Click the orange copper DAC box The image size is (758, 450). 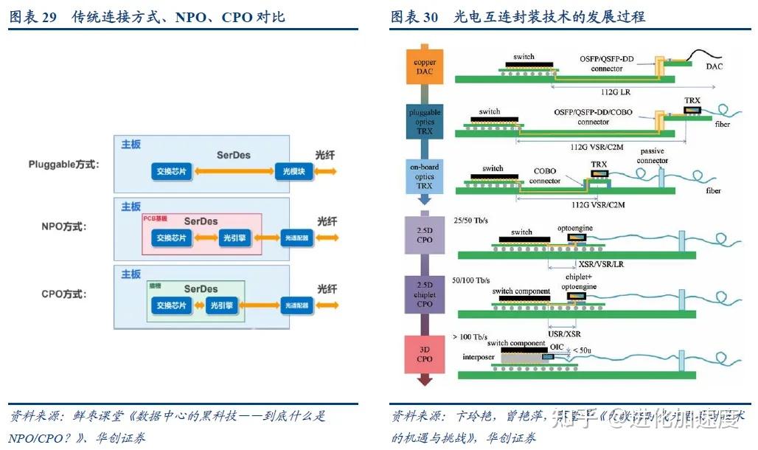(x=424, y=67)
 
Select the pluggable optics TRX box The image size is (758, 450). (x=424, y=122)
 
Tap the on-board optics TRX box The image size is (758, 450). (x=424, y=177)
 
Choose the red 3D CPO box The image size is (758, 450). (x=424, y=354)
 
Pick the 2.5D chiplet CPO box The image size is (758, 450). (x=424, y=293)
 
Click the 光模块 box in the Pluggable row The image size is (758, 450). (x=294, y=171)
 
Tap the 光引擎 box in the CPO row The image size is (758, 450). (x=220, y=305)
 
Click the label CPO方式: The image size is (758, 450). (x=64, y=294)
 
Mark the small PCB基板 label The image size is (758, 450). (x=155, y=218)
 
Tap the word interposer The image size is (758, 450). (x=478, y=357)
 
